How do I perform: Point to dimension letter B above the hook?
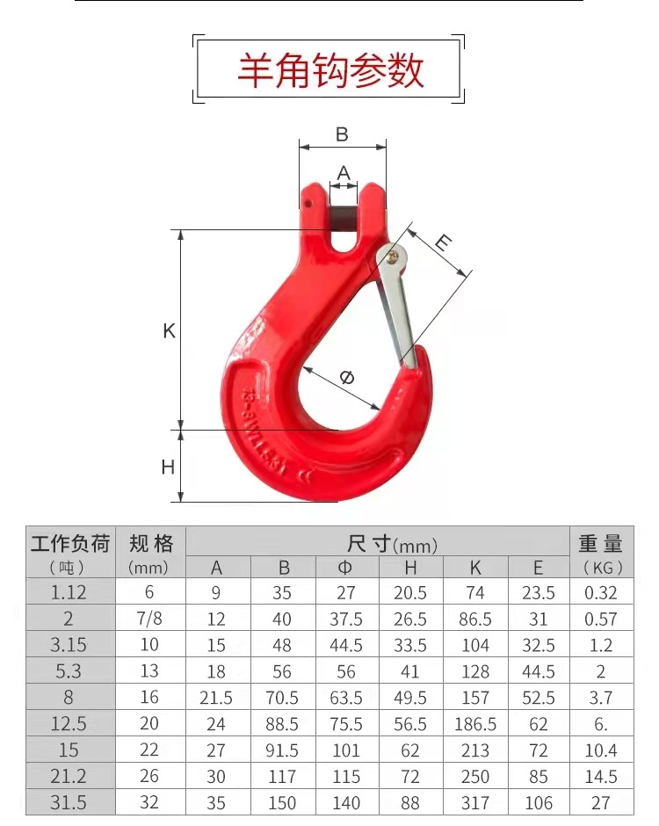(342, 134)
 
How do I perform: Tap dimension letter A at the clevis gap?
(344, 172)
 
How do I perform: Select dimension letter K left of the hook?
(169, 331)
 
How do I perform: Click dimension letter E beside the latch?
(444, 243)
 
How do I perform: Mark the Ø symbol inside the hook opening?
(346, 378)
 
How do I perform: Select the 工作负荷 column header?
(70, 543)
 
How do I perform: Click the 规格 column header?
(150, 543)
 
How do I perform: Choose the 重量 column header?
(601, 543)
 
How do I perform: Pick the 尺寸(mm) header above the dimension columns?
(379, 544)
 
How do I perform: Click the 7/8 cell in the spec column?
(150, 619)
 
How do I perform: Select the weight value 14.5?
(601, 777)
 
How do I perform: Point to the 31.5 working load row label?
(69, 803)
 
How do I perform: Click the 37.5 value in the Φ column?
(346, 619)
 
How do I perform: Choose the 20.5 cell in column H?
(410, 593)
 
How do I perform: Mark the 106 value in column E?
(539, 803)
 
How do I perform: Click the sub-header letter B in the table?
(282, 568)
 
